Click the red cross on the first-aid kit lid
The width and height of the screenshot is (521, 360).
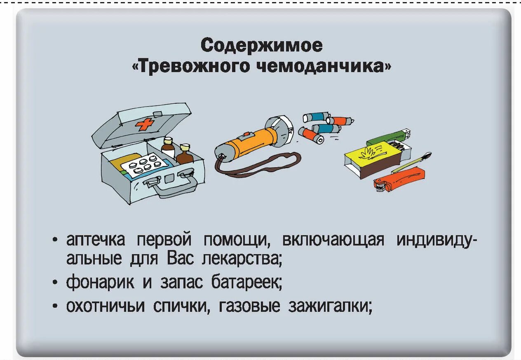click(x=145, y=124)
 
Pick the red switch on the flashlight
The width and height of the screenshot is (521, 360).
click(x=246, y=134)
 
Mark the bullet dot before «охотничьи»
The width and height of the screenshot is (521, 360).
click(x=55, y=307)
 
